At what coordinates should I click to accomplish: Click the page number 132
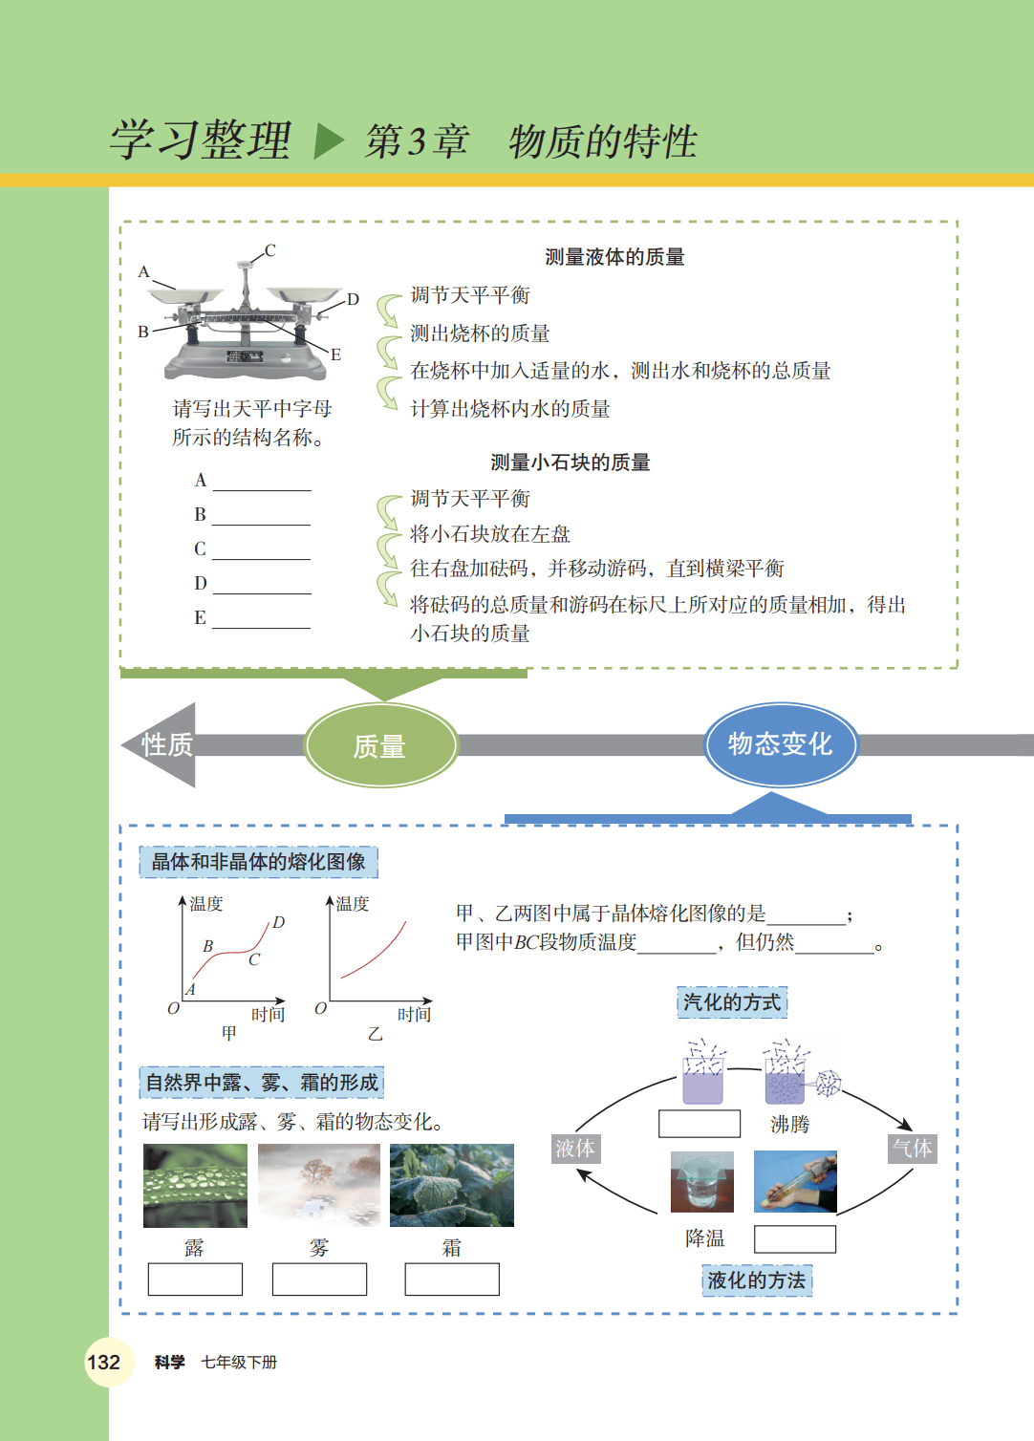[x=103, y=1362]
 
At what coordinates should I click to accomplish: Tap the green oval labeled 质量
[x=380, y=746]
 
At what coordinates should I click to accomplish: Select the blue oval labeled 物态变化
[x=780, y=744]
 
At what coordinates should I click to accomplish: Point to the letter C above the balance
[x=269, y=250]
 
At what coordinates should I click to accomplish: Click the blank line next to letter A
[x=262, y=483]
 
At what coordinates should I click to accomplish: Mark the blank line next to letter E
[x=262, y=620]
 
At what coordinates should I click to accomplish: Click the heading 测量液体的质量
[x=614, y=257]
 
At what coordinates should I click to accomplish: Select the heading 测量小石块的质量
[x=571, y=462]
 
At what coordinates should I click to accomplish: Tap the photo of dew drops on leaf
[x=195, y=1185]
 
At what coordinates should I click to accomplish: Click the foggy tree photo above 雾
[x=318, y=1185]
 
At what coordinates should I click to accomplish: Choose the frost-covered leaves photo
[x=452, y=1185]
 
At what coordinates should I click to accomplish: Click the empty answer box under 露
[x=195, y=1279]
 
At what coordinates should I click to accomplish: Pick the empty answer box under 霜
[x=452, y=1279]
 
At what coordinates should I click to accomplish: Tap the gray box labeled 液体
[x=575, y=1148]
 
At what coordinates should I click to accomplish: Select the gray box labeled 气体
[x=912, y=1148]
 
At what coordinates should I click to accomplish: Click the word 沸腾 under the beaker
[x=789, y=1124]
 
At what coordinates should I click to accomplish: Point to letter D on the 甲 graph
[x=279, y=922]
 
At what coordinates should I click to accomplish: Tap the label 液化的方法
[x=757, y=1280]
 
